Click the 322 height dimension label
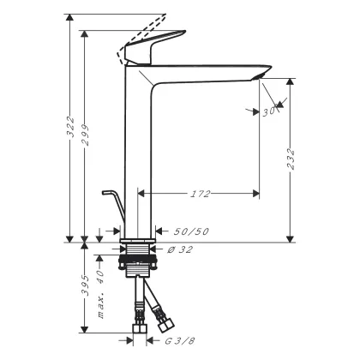click(x=69, y=127)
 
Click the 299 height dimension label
click(x=85, y=135)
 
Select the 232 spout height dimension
click(x=291, y=159)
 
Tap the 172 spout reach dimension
click(x=200, y=194)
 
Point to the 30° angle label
click(x=269, y=111)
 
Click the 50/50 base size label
click(x=191, y=231)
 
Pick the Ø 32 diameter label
click(x=180, y=249)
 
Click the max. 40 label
click(x=100, y=294)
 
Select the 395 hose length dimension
click(x=85, y=285)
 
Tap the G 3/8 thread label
click(x=180, y=340)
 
